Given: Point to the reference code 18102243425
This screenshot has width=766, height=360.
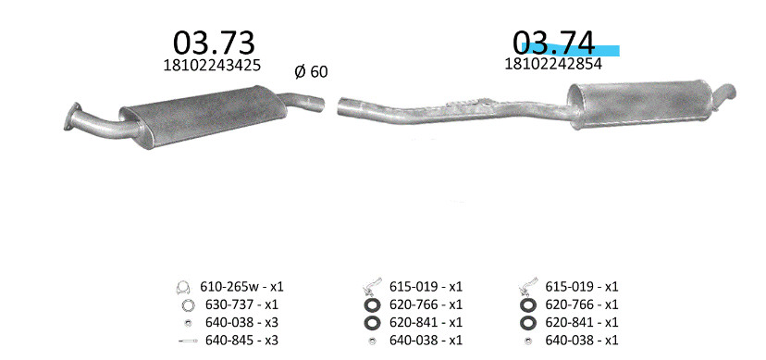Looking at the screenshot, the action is point(212,65).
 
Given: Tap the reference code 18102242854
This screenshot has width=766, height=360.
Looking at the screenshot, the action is point(553,64).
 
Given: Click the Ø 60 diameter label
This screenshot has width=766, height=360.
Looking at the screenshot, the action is point(311,72).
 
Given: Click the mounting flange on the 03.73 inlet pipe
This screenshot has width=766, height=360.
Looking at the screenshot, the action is point(71,116).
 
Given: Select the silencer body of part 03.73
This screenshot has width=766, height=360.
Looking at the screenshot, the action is point(203,117).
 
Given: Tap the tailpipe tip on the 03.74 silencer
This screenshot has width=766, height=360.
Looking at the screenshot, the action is point(726,91).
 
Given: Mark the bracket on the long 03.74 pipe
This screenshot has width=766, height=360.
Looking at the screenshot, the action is point(468,103).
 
